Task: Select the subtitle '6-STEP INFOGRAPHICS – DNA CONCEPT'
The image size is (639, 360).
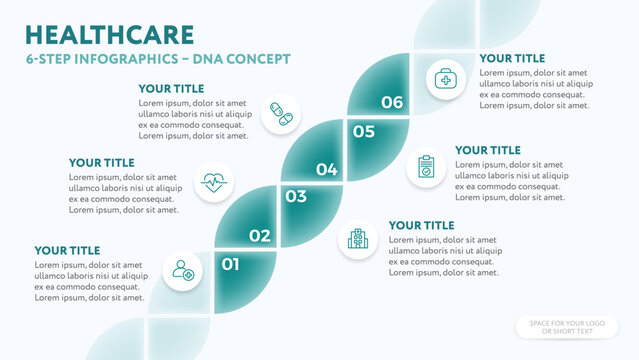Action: point(157,59)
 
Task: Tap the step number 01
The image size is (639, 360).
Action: point(230,265)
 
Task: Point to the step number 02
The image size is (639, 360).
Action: point(260,236)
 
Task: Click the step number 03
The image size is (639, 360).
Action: point(296,197)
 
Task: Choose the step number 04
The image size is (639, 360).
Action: point(326,170)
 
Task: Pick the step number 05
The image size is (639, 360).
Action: point(363,131)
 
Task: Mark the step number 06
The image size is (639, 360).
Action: point(392,102)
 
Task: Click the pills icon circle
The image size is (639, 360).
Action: point(281,114)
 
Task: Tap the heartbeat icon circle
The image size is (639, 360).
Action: point(213,182)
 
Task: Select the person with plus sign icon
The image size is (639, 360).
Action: point(183,270)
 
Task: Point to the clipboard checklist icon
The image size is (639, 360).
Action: point(426,166)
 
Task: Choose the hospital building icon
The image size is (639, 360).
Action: point(357,238)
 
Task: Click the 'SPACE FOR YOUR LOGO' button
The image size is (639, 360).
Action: point(567,328)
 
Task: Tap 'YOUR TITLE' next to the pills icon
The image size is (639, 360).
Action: point(171,89)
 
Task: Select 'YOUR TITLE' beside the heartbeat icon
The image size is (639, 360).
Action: point(102,162)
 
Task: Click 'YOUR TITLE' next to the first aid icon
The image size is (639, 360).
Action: point(512,59)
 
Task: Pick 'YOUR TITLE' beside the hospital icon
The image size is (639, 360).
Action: point(421,226)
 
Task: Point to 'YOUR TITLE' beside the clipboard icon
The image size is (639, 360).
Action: point(488,150)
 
